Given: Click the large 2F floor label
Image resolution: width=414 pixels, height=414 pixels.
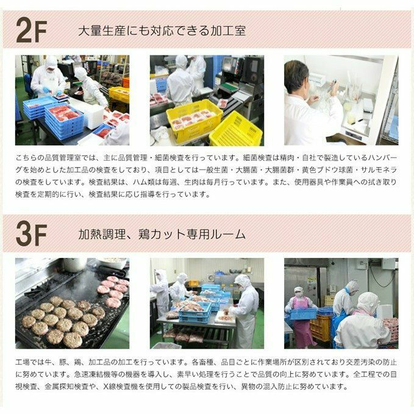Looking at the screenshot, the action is [32, 30].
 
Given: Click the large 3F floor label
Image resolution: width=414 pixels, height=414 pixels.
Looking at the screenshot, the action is [32, 235].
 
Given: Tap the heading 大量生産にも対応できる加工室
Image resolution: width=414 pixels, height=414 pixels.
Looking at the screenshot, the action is [162, 30].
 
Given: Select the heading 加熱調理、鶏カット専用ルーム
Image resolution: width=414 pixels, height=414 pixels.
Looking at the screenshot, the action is [162, 234].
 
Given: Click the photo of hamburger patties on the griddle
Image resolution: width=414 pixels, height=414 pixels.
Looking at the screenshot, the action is [72, 304].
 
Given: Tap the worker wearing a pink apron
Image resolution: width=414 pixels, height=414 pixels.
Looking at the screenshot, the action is [302, 317].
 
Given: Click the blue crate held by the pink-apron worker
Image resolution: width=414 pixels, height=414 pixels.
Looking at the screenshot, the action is [303, 314].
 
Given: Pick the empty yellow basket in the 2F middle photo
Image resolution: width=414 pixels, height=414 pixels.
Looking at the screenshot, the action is [237, 130].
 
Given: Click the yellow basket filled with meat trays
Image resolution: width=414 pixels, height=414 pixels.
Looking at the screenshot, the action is [194, 120].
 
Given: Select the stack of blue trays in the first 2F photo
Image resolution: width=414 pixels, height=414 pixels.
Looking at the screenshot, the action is [64, 121].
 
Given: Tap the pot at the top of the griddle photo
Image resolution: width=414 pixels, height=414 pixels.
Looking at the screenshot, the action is [74, 264].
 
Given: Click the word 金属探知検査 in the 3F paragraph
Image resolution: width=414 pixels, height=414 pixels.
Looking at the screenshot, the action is [66, 387].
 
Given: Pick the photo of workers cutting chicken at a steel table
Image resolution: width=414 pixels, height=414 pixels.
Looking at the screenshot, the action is [207, 304].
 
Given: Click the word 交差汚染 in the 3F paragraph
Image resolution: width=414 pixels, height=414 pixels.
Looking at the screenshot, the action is [360, 362].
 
